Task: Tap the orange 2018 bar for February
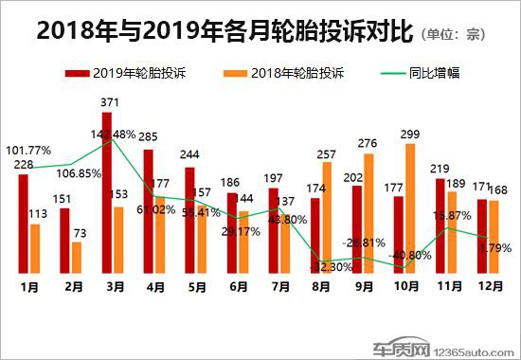[x=77, y=257]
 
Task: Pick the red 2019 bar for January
[x=23, y=223]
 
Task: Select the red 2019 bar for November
[x=440, y=225]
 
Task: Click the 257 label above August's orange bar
[x=327, y=153]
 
